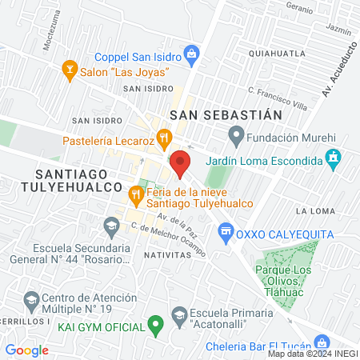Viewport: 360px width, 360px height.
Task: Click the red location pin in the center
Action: (x=180, y=163)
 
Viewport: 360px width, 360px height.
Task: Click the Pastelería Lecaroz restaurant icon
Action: (x=164, y=138)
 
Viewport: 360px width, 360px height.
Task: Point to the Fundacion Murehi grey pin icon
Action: (x=235, y=133)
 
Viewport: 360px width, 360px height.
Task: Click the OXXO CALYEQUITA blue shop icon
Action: (x=226, y=232)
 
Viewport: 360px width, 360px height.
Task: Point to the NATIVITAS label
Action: (x=170, y=254)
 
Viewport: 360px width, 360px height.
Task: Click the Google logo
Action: (x=27, y=350)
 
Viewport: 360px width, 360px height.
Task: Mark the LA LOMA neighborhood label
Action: (x=313, y=211)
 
